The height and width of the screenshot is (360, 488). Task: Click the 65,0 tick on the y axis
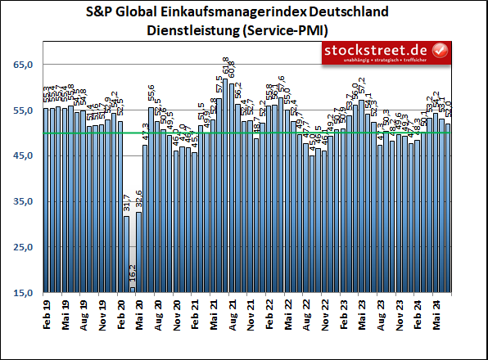[x=21, y=65]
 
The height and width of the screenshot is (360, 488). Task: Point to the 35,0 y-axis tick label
[x=21, y=201]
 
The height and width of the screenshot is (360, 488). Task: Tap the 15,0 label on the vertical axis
[x=21, y=293]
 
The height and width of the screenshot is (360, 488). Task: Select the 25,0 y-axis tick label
[x=21, y=247]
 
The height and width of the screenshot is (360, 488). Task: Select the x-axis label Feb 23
[x=345, y=317]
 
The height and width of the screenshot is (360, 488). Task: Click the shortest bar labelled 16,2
[x=133, y=290]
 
